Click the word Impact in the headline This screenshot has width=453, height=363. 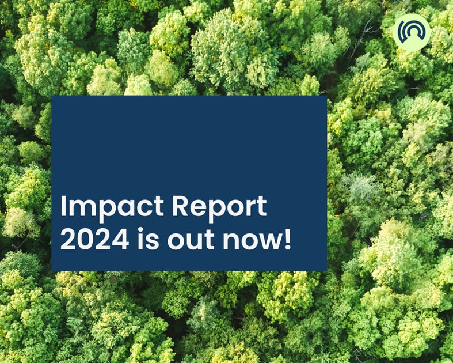coord(112,208)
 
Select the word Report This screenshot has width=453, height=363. coord(219,208)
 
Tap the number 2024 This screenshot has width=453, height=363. coord(95,239)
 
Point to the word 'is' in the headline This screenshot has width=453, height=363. coord(148,239)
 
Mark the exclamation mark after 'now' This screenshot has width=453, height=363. coord(287,239)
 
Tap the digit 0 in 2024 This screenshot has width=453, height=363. coord(86,239)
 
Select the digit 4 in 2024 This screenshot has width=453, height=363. coord(120,239)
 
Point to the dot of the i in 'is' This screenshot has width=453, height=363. coord(140,230)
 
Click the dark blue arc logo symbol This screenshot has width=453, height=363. coord(412,32)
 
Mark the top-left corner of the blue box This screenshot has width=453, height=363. coord(51,96)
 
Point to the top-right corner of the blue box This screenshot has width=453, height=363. coord(327,96)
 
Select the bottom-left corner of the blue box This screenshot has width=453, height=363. coord(51,271)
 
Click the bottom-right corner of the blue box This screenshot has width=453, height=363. coord(327,271)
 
